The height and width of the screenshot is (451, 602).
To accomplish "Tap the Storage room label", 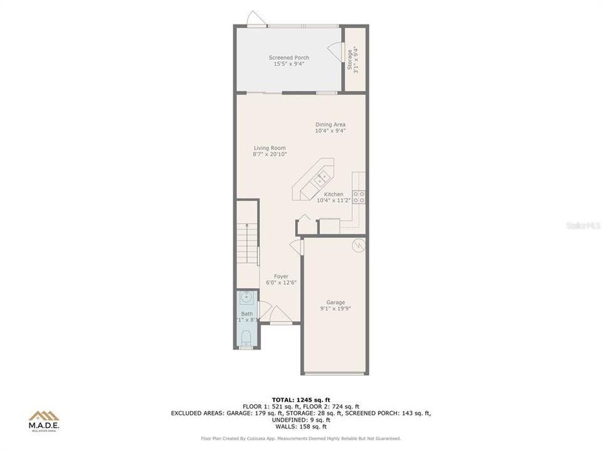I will (x=354, y=60).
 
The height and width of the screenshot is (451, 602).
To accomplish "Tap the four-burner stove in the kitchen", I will (x=360, y=197).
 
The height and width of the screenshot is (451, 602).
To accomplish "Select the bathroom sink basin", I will (x=247, y=296).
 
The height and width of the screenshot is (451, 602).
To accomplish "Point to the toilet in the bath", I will (x=247, y=340).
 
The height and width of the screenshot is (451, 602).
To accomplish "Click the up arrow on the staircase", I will (x=247, y=227).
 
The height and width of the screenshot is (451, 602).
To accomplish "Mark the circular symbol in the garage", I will (x=358, y=246).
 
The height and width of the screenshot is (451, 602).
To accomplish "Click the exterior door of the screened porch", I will (x=254, y=19).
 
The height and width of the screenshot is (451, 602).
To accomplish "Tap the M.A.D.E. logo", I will (x=45, y=420).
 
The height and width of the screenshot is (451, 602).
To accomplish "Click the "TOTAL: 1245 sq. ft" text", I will (x=300, y=400).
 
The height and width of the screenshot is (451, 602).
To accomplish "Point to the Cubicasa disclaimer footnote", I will (x=300, y=438).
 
